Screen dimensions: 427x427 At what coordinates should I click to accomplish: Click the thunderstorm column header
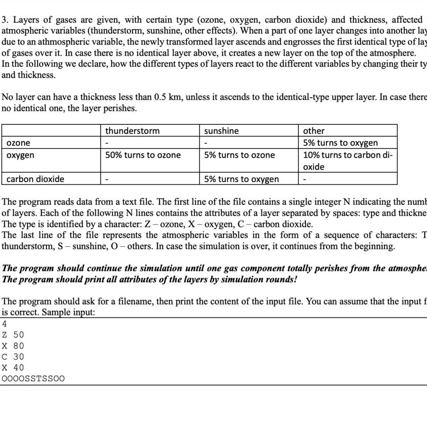pos(132,130)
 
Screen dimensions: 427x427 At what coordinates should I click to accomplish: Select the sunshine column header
pos(222,130)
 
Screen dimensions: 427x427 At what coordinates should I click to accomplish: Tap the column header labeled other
pos(314,130)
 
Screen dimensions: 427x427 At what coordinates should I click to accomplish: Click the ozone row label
pos(19,143)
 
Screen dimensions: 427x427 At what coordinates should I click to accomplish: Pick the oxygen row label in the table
pos(20,155)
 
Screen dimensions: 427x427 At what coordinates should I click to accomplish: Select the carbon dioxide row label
pos(35,179)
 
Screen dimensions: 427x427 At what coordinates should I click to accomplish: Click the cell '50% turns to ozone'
pos(143,155)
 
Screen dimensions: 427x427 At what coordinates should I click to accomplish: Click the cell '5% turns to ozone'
pos(239,155)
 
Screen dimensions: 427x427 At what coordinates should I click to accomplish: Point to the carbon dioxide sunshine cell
pos(241,179)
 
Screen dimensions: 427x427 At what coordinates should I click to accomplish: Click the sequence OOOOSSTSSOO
pos(33,379)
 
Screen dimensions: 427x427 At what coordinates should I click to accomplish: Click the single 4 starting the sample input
pos(5,325)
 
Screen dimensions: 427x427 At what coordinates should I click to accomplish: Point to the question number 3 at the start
pos(4,20)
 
